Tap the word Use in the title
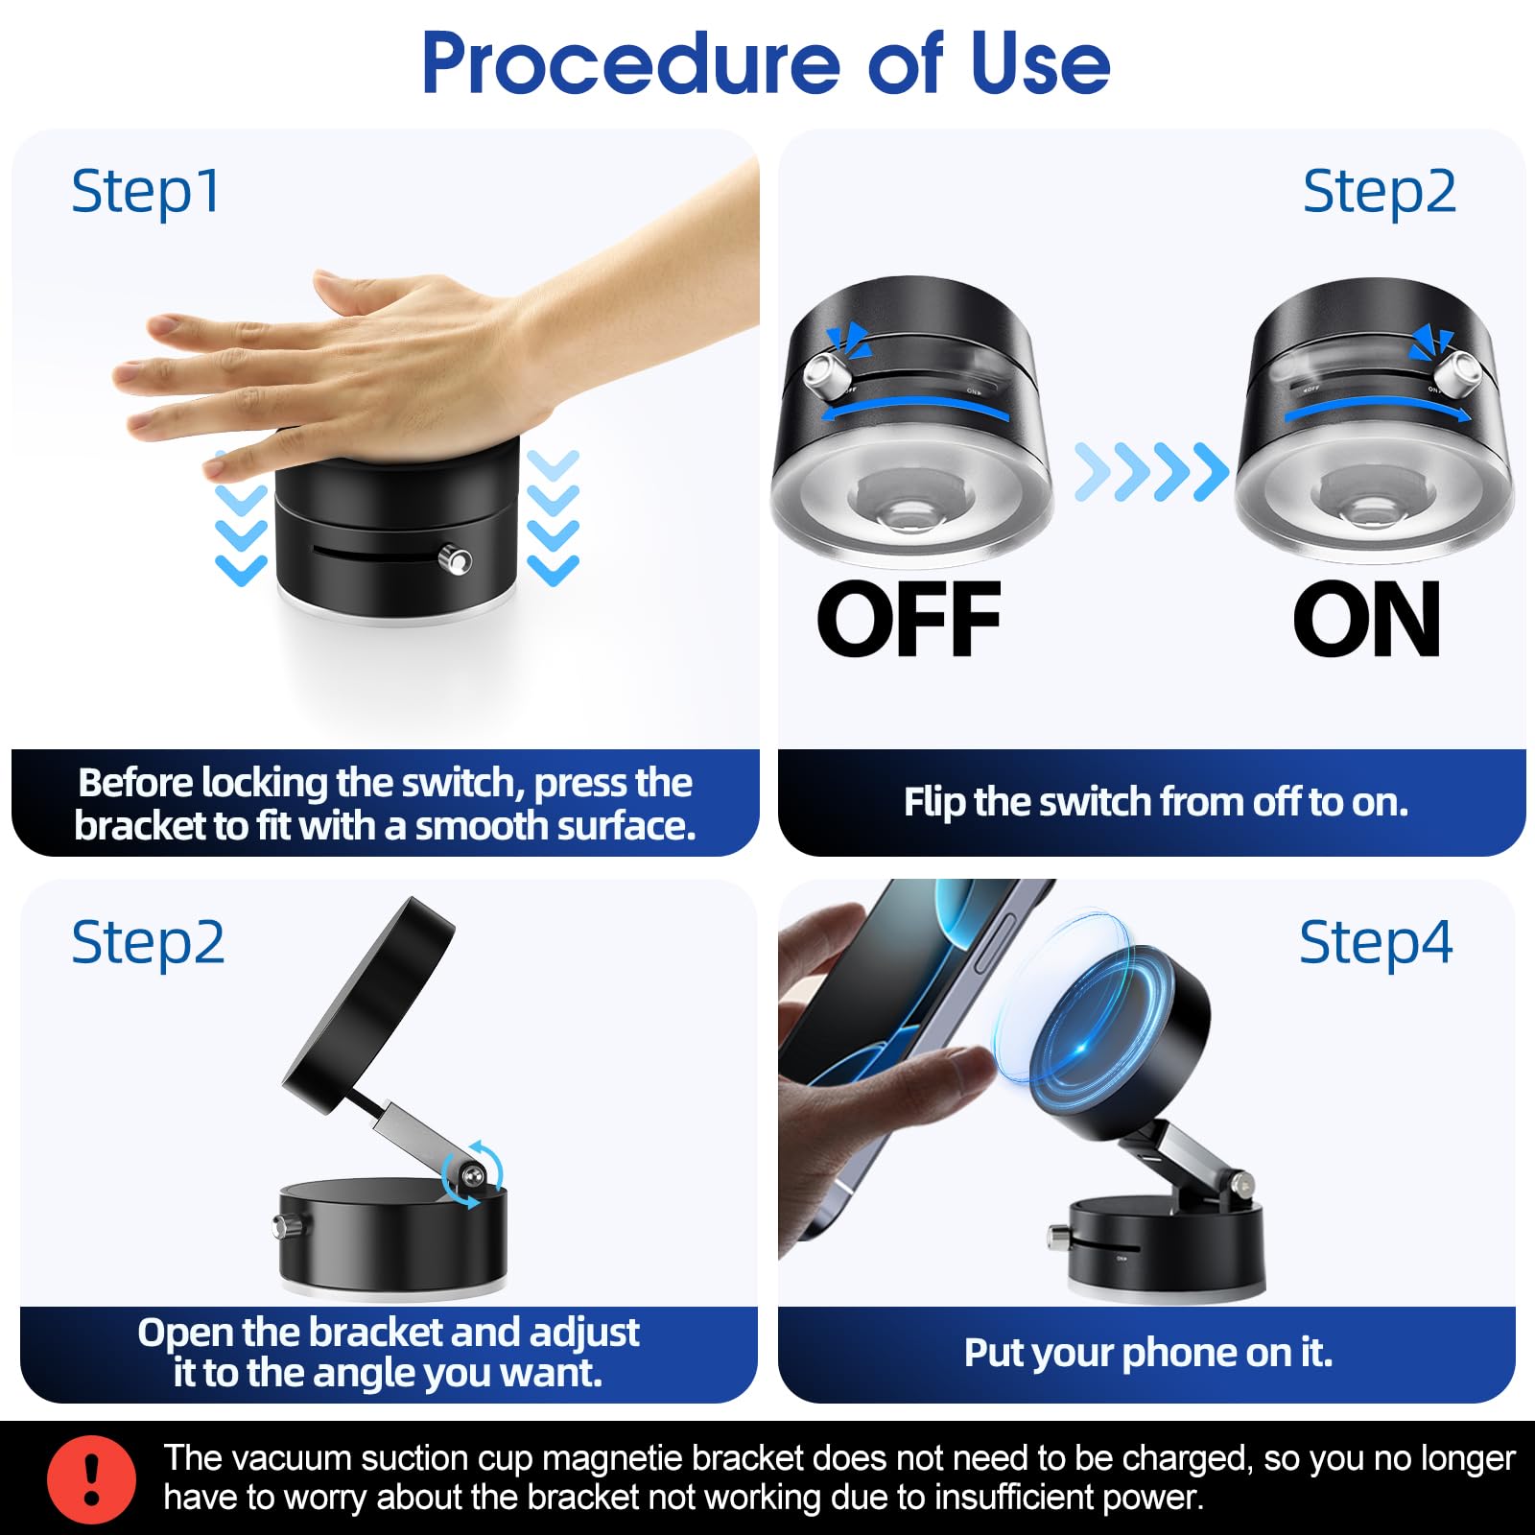tap(1040, 63)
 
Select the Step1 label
tap(146, 192)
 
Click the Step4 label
tap(1376, 943)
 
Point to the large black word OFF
tap(909, 619)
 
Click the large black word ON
tap(1366, 619)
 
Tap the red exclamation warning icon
tap(91, 1479)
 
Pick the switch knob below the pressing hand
tap(455, 558)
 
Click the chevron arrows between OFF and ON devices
tap(1150, 472)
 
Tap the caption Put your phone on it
tap(1148, 1352)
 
